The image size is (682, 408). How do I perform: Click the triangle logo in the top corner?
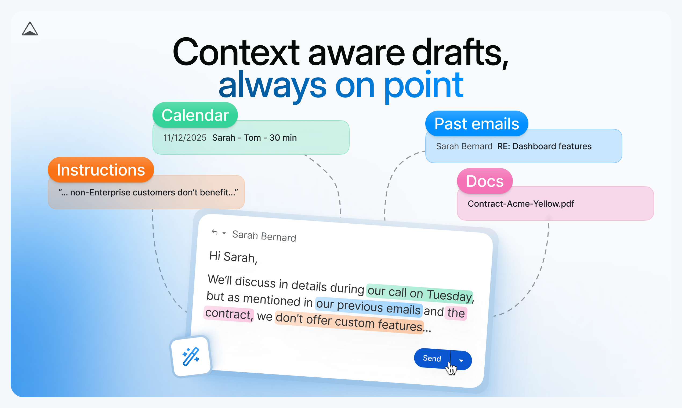pos(30,29)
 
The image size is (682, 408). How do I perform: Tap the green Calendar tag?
pos(195,115)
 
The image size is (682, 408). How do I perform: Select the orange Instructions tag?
pos(101,170)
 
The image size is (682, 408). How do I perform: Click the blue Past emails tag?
pos(476,123)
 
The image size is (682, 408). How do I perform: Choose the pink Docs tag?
pos(485,181)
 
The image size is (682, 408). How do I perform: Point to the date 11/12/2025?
pos(184,137)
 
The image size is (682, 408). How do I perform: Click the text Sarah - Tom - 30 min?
pos(254,137)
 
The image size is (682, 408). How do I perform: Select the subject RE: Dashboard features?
pos(544,146)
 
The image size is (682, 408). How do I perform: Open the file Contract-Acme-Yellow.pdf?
pos(521,204)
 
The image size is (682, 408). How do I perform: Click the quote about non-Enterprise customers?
pos(148,192)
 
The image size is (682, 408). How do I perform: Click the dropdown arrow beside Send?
pos(461,360)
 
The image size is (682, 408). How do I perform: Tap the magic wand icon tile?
pos(191,356)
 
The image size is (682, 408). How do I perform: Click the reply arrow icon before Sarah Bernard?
pos(215,233)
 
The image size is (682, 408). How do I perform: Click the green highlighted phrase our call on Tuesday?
pos(419,293)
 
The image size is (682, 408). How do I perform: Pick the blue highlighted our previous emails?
pos(368,307)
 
